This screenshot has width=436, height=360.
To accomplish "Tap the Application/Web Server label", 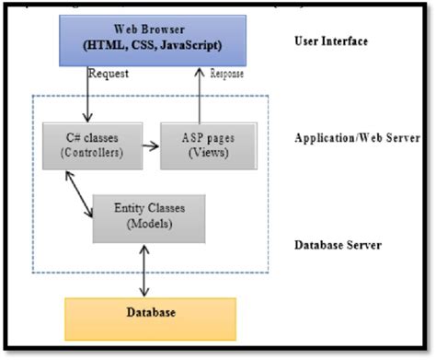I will tap(355, 139).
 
